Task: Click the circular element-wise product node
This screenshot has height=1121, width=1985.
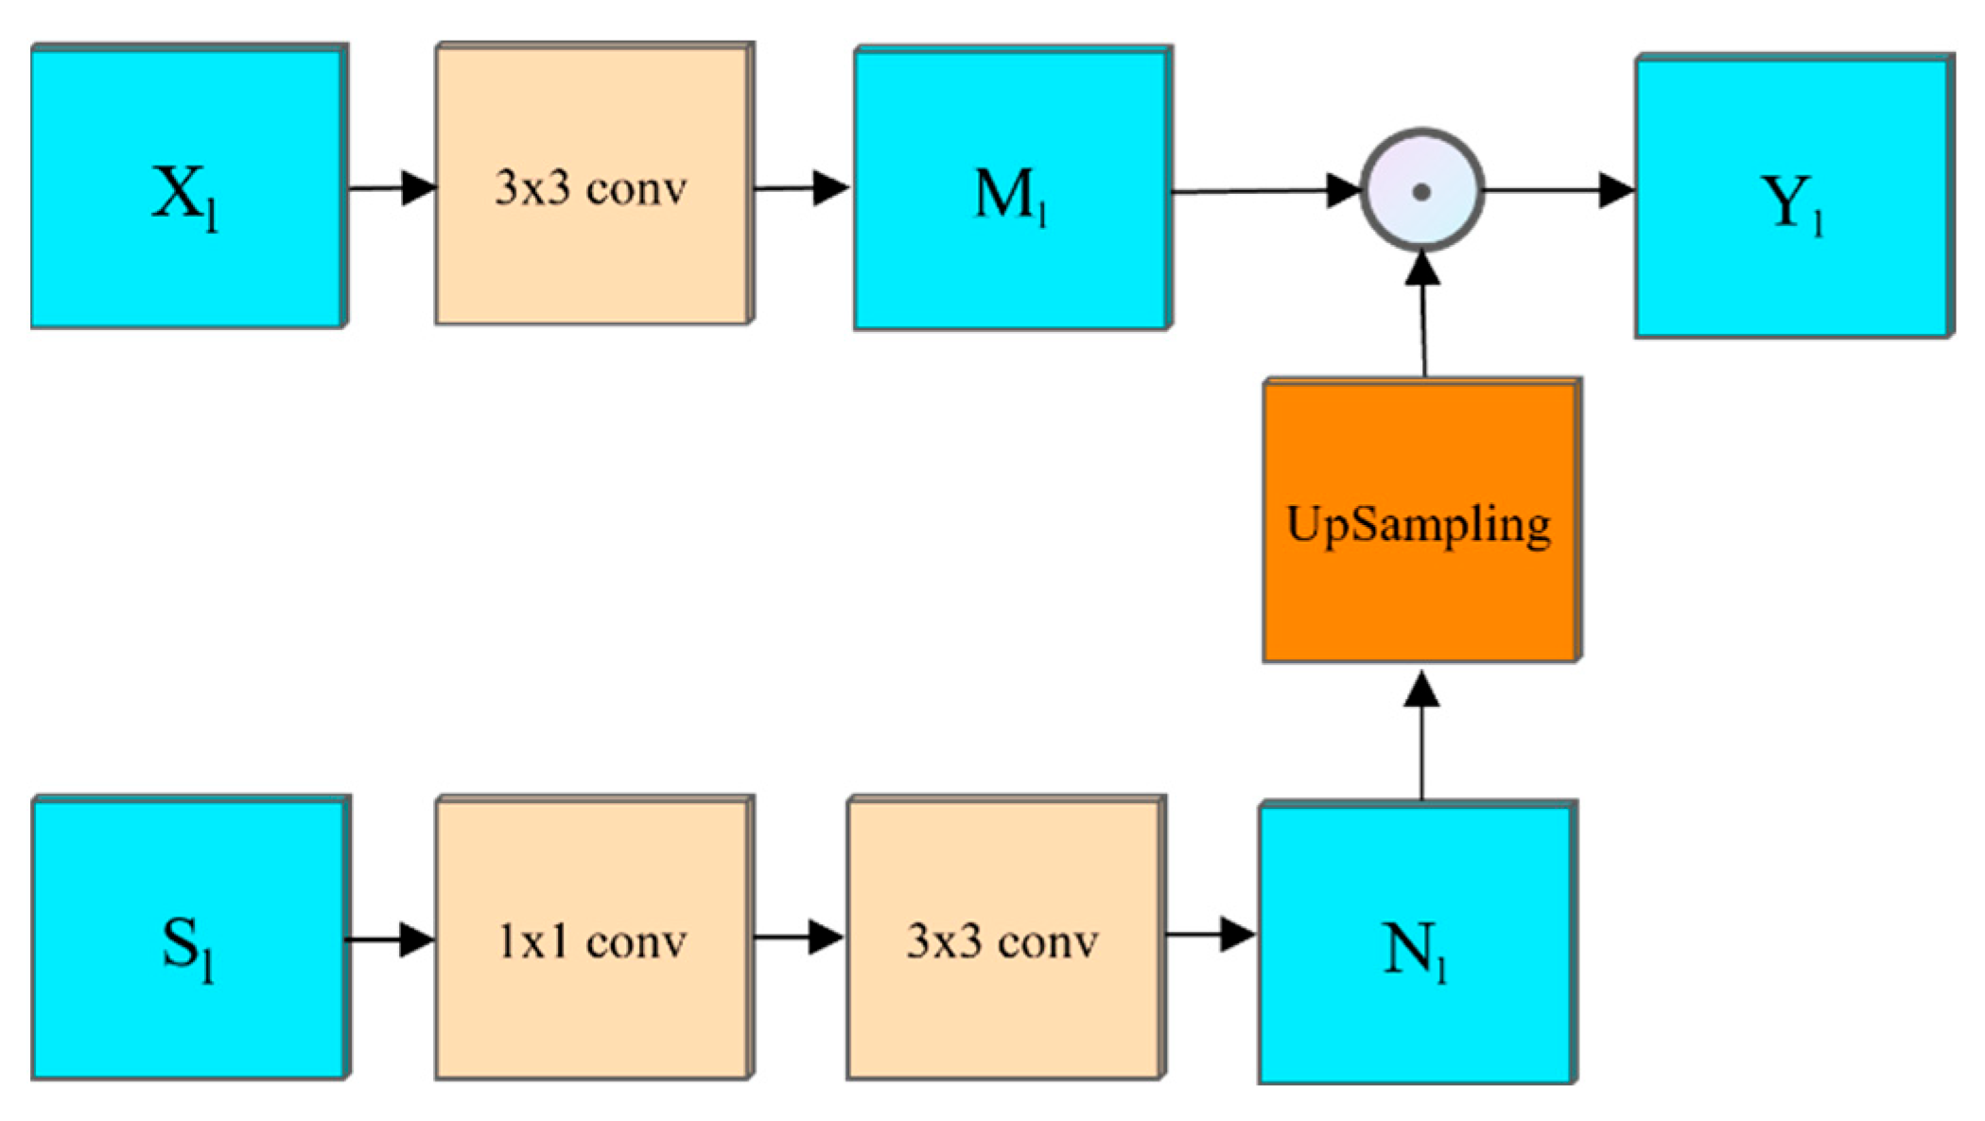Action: click(x=1420, y=191)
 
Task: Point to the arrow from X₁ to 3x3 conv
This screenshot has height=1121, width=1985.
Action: click(x=392, y=188)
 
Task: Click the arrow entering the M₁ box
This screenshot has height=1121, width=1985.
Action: click(x=802, y=188)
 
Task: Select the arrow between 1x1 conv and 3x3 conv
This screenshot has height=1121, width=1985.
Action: click(x=798, y=937)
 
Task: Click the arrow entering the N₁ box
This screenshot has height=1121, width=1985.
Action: click(x=1210, y=936)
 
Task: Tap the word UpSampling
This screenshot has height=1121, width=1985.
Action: click(x=1419, y=524)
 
